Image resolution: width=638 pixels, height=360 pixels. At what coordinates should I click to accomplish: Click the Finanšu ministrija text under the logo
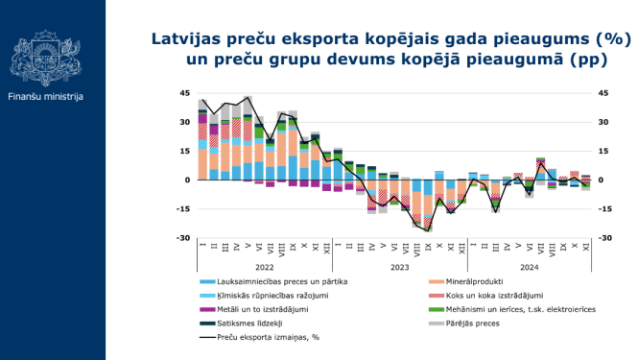45,97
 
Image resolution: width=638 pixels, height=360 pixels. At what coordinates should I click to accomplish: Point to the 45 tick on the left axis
185,93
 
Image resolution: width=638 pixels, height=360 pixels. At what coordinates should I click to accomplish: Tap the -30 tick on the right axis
605,238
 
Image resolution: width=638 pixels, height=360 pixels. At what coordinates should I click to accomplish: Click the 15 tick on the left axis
185,151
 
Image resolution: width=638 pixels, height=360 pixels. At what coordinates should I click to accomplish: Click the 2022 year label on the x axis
265,268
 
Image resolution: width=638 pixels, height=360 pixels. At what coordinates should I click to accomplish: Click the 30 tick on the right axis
603,122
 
